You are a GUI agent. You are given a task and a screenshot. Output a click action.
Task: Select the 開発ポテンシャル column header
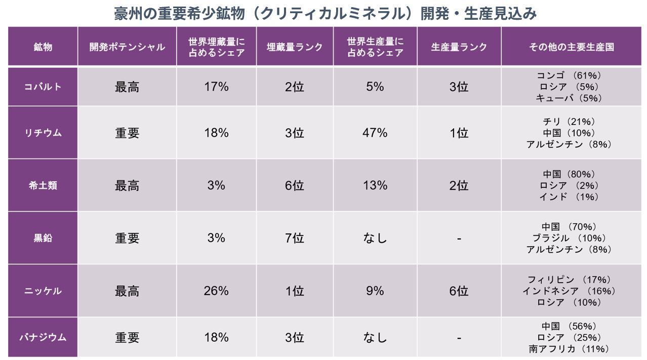point(127,47)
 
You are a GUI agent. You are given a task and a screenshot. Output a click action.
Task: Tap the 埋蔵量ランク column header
point(295,47)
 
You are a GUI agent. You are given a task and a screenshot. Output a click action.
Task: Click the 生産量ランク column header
point(459,47)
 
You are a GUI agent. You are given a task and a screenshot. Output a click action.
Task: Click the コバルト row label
point(43,87)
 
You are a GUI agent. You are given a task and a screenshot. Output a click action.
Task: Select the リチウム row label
point(43,133)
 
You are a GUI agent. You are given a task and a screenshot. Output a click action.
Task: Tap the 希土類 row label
point(43,186)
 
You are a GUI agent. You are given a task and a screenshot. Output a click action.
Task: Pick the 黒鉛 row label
point(43,238)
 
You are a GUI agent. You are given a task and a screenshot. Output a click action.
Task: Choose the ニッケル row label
point(43,291)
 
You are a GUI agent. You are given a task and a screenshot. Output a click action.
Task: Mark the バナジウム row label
point(43,337)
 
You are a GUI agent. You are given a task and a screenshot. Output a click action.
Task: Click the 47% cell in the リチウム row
point(375,133)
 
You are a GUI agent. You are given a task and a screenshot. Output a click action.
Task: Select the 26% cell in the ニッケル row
point(216,291)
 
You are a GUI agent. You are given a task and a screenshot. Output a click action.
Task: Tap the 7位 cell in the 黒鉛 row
point(295,238)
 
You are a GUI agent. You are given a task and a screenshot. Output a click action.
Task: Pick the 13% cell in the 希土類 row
point(375,186)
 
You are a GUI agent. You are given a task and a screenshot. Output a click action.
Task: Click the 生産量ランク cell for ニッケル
point(459,291)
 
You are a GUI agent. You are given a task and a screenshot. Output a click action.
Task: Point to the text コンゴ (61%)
point(569,75)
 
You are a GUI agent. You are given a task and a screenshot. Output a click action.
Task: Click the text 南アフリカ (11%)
point(569,349)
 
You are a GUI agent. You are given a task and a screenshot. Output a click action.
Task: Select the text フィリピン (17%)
point(569,279)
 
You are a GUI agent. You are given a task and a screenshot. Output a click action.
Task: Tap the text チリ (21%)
point(569,122)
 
